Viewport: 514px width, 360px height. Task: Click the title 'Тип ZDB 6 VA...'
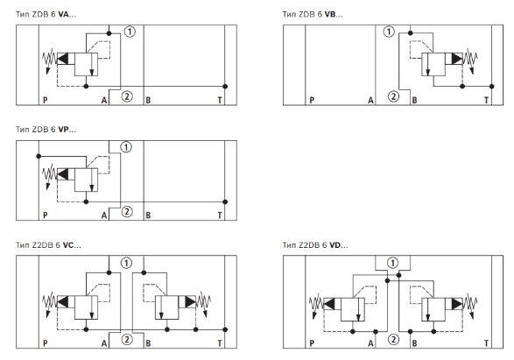click(x=46, y=14)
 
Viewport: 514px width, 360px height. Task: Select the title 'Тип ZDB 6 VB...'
click(x=313, y=14)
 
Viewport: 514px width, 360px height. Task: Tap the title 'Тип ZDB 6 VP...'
click(x=46, y=130)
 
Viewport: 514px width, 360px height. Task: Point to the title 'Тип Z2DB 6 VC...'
click(x=48, y=245)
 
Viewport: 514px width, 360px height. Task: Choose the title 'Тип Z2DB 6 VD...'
click(x=315, y=245)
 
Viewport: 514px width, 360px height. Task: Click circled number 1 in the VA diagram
click(x=130, y=32)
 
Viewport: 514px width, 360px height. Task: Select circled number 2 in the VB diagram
click(x=393, y=96)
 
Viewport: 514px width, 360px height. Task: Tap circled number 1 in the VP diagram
click(x=126, y=147)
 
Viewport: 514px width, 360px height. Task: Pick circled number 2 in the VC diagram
click(x=127, y=339)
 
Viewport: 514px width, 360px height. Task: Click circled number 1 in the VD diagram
click(x=392, y=263)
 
